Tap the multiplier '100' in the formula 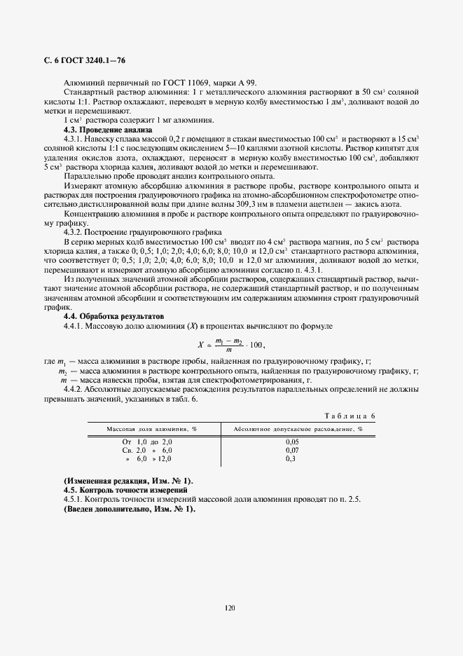(258, 345)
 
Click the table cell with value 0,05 (292, 442)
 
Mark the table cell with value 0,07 (292, 450)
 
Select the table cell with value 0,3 (291, 458)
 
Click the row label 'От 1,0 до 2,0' (146, 442)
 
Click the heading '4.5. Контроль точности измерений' (125, 490)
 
